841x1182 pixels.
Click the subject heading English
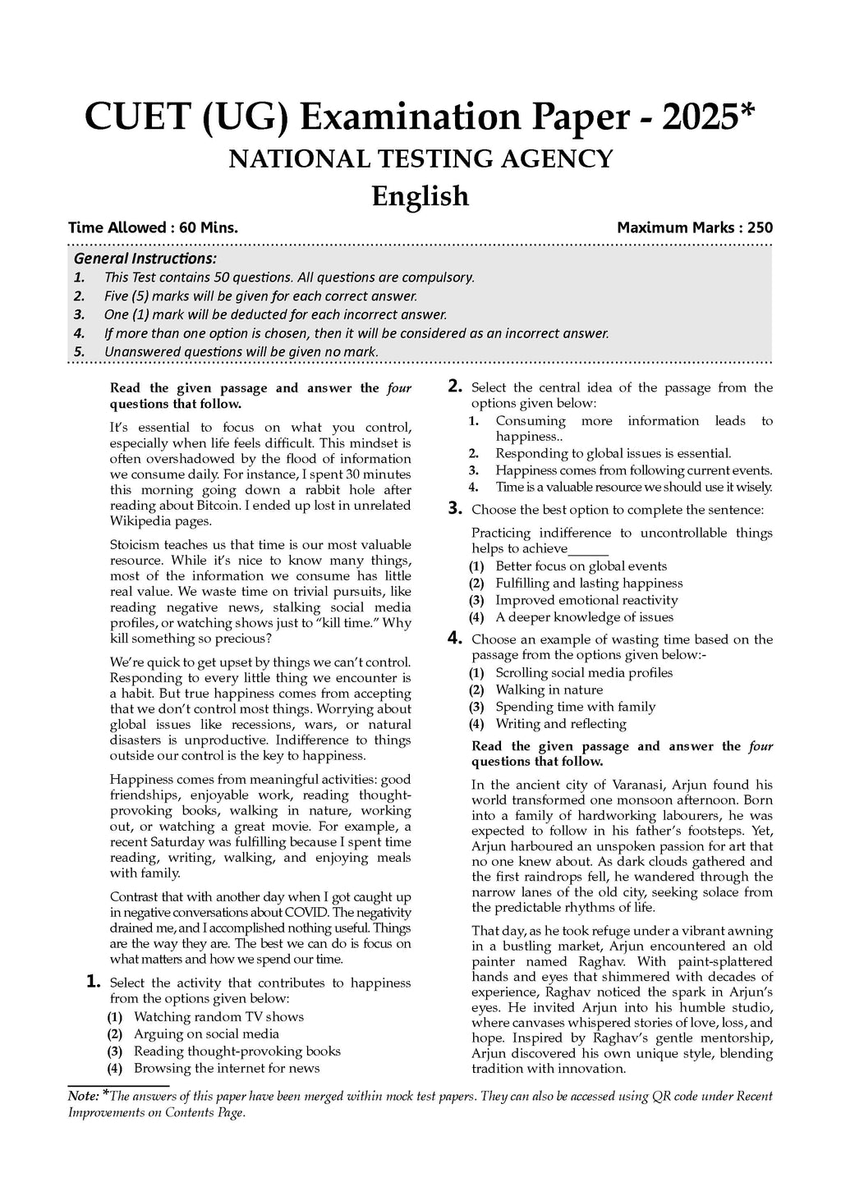(420, 196)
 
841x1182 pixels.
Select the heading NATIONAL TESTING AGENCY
(420, 158)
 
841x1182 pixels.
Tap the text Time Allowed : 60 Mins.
(153, 227)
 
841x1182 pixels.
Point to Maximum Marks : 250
(694, 227)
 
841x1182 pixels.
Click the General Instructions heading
(145, 259)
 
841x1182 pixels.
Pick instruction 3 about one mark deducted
(275, 314)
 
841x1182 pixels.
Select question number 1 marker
(94, 981)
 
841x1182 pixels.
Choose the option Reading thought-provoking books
(237, 1051)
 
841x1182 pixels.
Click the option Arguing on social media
(206, 1033)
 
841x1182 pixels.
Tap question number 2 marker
(455, 386)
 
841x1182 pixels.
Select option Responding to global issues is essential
(613, 453)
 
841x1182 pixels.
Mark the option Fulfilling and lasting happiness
(589, 583)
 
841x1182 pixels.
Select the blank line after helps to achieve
(588, 549)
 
